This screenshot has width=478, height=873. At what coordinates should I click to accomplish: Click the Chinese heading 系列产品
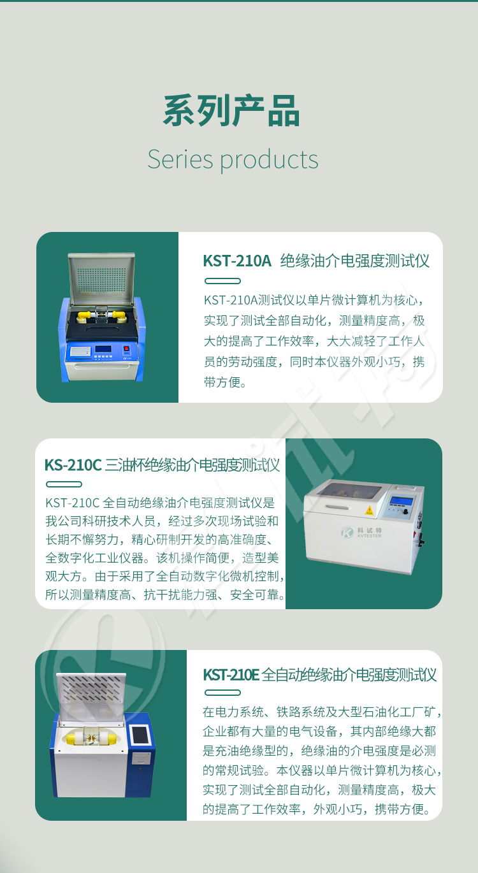(x=231, y=111)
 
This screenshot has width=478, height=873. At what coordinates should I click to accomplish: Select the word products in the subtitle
(x=269, y=160)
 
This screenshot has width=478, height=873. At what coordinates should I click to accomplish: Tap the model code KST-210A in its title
(x=236, y=261)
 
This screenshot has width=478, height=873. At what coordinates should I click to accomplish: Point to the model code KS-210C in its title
(x=73, y=465)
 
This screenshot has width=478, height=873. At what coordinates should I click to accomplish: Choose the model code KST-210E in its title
(x=231, y=675)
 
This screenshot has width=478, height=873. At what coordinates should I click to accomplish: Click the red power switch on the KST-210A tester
(x=126, y=349)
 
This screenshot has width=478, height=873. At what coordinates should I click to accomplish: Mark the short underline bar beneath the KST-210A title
(x=222, y=280)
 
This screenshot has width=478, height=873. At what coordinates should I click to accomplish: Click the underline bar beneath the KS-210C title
(x=64, y=484)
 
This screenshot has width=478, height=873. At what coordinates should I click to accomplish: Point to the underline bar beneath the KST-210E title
(x=222, y=693)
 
